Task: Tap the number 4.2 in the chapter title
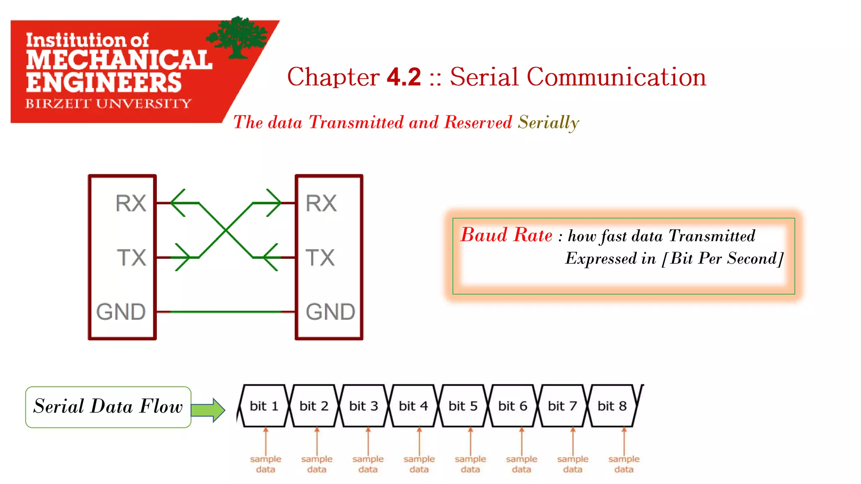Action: point(404,77)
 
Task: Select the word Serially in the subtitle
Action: point(548,123)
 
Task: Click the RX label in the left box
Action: point(131,203)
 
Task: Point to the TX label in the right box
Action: point(320,258)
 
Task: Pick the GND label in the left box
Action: point(121,312)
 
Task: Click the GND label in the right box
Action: point(330,312)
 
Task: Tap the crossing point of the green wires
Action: point(226,230)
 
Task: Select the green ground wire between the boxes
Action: point(226,312)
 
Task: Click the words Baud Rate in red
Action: point(507,235)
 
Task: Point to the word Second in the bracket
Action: point(752,258)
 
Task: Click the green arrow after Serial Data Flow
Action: point(209,410)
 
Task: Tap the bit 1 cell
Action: point(264,406)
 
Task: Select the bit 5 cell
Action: point(463,406)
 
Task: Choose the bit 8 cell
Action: point(612,406)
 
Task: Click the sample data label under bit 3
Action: point(368,464)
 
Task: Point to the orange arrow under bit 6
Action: point(522,441)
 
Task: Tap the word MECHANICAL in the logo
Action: point(119,60)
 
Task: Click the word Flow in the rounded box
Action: point(161,406)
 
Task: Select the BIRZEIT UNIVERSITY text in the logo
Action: point(108,103)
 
